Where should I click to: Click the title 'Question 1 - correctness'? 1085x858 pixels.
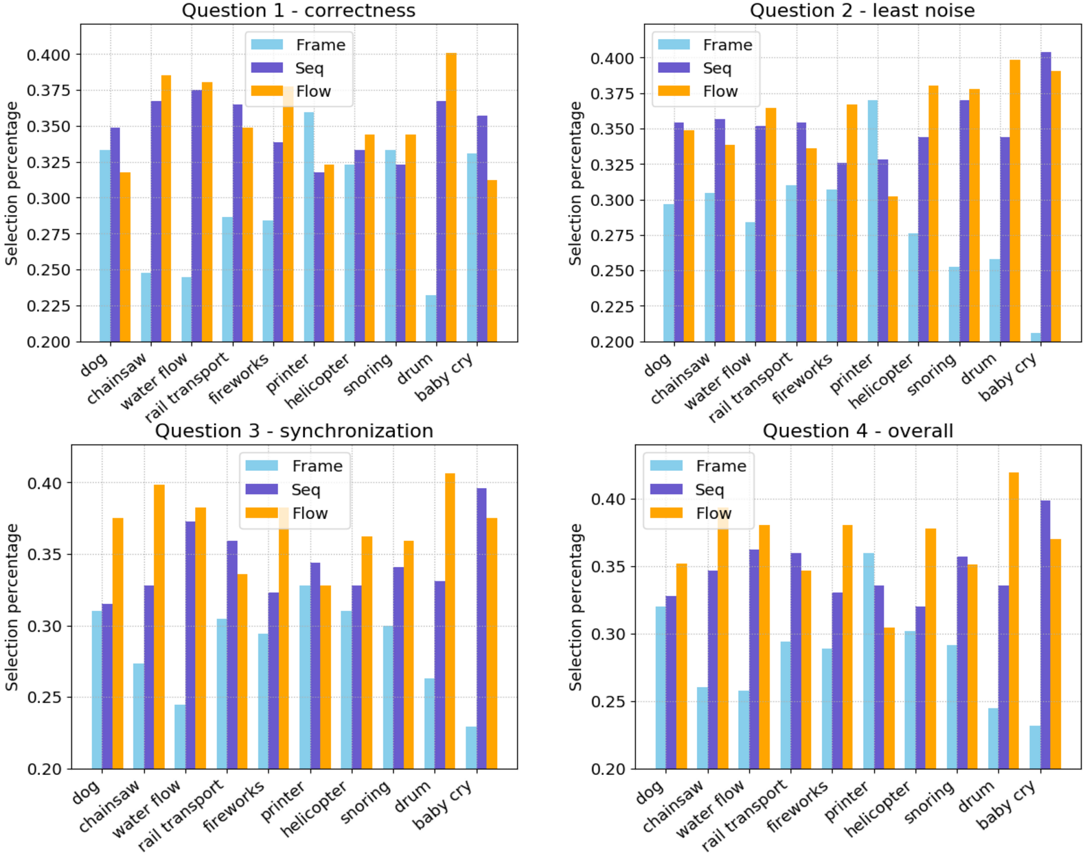[x=298, y=11]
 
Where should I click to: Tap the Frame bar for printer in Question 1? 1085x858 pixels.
[x=309, y=227]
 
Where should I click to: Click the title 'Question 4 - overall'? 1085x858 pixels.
[x=858, y=431]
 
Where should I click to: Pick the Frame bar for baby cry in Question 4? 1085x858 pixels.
[x=1035, y=747]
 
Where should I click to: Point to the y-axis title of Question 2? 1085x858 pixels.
[x=575, y=183]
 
